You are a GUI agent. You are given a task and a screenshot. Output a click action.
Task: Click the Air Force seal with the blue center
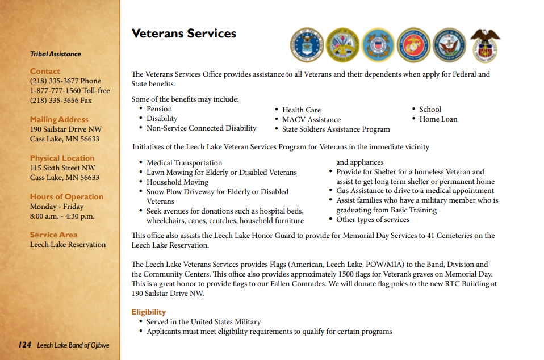tap(307, 45)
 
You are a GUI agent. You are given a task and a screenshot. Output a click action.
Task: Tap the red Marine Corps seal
tap(413, 45)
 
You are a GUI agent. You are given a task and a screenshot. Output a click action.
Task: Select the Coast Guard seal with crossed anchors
tap(378, 45)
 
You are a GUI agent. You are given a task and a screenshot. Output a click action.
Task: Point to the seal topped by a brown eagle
tap(486, 45)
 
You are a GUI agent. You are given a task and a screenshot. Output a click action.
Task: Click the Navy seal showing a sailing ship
tap(449, 45)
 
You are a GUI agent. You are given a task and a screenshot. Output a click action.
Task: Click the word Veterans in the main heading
tap(157, 34)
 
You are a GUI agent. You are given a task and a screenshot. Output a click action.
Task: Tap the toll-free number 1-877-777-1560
tap(70, 91)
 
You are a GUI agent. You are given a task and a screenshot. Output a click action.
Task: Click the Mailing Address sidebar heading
tap(59, 120)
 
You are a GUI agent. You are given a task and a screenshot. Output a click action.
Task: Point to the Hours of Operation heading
tap(66, 197)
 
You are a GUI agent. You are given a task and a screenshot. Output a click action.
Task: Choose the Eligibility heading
tap(148, 312)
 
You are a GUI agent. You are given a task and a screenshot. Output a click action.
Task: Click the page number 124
tap(24, 345)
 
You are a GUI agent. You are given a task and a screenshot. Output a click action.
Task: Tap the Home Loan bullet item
tap(438, 119)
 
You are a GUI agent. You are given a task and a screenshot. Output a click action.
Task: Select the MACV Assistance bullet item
tap(311, 120)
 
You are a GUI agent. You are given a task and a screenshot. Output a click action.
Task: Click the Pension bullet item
tap(159, 109)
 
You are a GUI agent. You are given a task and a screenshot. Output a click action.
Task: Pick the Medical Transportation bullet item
tap(184, 163)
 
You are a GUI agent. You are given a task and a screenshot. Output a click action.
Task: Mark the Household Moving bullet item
tap(177, 182)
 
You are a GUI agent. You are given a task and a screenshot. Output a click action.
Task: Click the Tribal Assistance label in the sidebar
tap(56, 54)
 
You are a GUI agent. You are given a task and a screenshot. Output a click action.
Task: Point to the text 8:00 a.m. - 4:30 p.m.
tap(62, 216)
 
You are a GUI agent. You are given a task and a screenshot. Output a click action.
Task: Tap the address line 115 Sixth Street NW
tap(62, 168)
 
